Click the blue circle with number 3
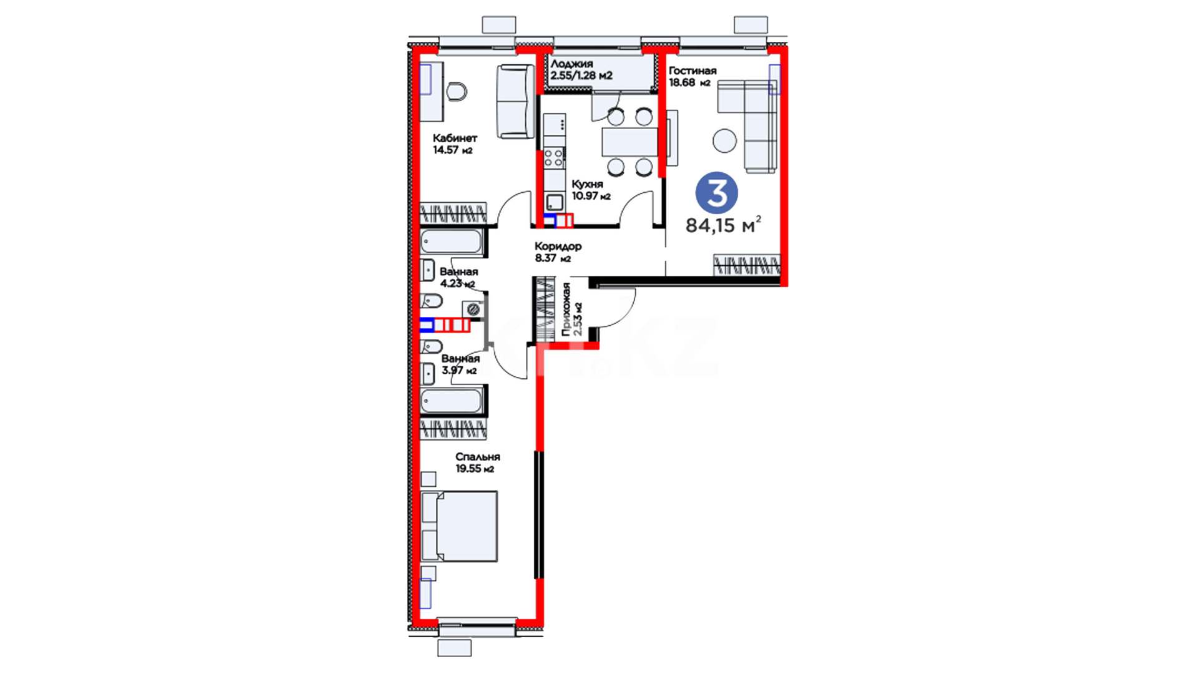(x=717, y=193)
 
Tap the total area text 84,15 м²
(x=723, y=225)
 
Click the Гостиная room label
(x=693, y=71)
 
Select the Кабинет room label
(x=455, y=138)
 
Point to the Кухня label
(x=587, y=184)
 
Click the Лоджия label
(x=572, y=64)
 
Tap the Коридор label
(x=558, y=247)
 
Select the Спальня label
(x=478, y=457)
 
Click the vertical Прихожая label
(x=566, y=310)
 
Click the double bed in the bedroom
(x=460, y=526)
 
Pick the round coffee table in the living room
(x=724, y=140)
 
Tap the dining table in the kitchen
(x=629, y=142)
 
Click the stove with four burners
(x=554, y=157)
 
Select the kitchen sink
(x=554, y=202)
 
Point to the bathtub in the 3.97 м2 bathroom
(x=451, y=401)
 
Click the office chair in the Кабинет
(x=457, y=92)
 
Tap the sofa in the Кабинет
(x=516, y=101)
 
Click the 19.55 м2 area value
(x=475, y=469)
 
